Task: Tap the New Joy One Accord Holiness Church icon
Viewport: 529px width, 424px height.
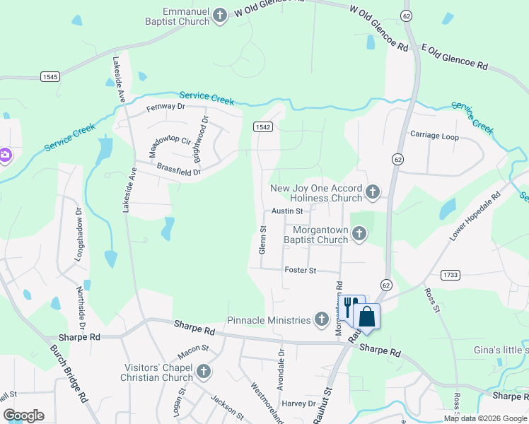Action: (x=373, y=192)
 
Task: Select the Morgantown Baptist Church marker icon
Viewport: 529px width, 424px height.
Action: (x=359, y=234)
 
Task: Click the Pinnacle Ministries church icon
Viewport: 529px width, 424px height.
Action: (x=322, y=320)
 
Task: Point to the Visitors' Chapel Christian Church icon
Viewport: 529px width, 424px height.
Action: (x=204, y=372)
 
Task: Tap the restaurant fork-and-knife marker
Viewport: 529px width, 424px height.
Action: (x=349, y=307)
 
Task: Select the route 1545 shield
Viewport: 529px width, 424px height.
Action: (x=50, y=76)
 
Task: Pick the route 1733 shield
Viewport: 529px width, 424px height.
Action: (x=450, y=274)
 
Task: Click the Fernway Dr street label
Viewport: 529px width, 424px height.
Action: (x=165, y=107)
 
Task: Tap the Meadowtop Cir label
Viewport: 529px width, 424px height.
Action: (x=170, y=146)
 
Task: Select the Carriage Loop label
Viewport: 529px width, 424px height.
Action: (x=434, y=136)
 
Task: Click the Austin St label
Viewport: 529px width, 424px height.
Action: (x=287, y=211)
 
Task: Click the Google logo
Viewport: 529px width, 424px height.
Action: (x=23, y=415)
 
